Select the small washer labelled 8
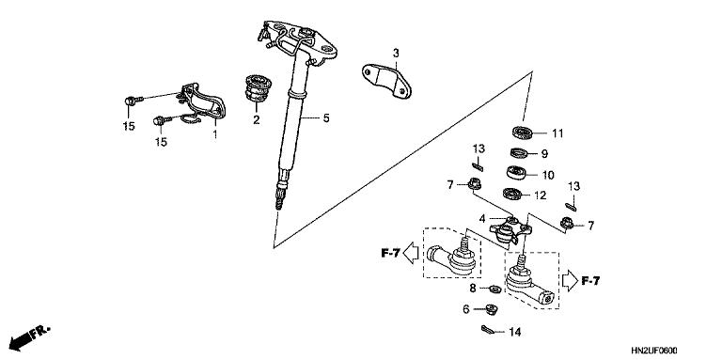[494, 288]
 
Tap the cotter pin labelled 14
[487, 330]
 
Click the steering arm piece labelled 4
[511, 227]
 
